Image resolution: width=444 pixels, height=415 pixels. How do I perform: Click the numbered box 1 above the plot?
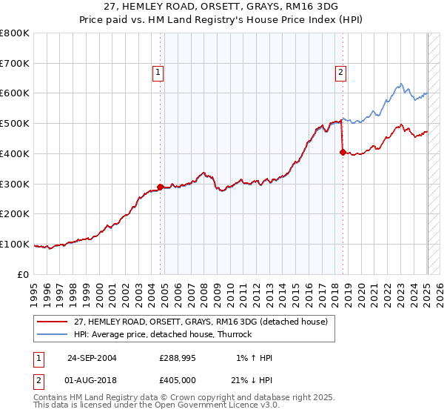[x=159, y=72]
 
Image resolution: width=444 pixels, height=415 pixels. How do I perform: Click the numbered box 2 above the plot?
[x=340, y=72]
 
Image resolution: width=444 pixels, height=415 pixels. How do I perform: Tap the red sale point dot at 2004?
[x=161, y=187]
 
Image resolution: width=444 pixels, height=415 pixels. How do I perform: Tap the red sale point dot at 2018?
[x=343, y=152]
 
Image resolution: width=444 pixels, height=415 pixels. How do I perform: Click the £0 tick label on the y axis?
[x=23, y=274]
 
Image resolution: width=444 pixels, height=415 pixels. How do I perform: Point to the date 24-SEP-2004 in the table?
[x=92, y=358]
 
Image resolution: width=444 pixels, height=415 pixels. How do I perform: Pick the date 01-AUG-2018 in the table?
[x=92, y=380]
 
